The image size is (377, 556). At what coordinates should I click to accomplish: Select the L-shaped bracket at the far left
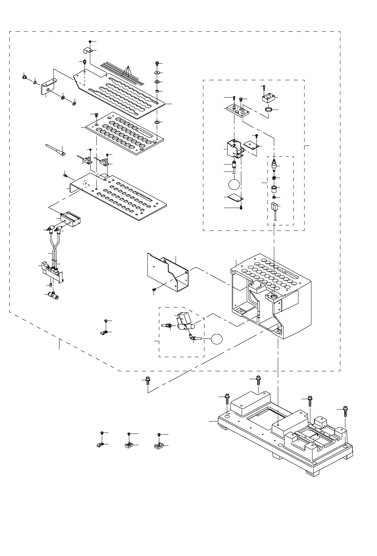(48, 87)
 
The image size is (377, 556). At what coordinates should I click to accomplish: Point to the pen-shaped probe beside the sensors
(55, 149)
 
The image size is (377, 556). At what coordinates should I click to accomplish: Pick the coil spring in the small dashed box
(274, 178)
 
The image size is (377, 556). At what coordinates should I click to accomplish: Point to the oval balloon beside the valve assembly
(217, 339)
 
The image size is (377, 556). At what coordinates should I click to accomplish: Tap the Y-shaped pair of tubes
(54, 246)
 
